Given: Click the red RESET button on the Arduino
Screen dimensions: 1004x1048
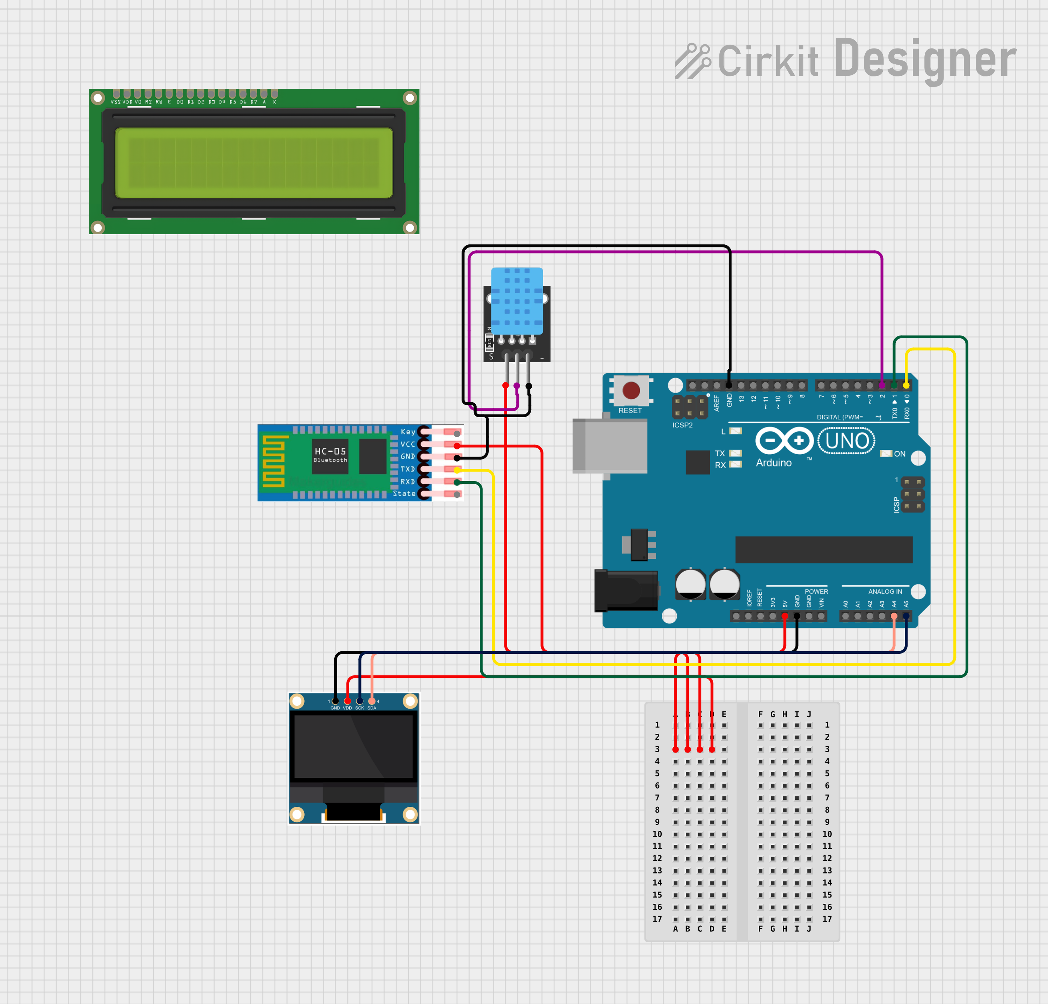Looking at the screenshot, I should (x=631, y=390).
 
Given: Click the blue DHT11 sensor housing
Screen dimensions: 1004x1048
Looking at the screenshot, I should (x=517, y=300).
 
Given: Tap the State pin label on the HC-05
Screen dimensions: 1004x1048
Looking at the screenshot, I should (x=404, y=493).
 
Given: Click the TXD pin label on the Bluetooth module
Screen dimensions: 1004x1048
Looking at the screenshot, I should (x=407, y=469).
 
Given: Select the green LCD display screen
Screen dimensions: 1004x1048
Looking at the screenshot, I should (x=254, y=162).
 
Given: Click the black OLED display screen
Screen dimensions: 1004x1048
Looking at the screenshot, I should (x=354, y=746).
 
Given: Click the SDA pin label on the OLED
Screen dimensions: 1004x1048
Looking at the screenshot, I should (x=372, y=708).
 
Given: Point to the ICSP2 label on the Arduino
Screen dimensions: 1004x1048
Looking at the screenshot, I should (x=682, y=425).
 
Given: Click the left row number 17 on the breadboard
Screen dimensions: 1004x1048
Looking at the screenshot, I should (x=657, y=919).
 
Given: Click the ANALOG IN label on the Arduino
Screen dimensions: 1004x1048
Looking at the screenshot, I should (x=885, y=591).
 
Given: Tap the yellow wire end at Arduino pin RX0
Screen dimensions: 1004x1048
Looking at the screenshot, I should (x=906, y=385).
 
